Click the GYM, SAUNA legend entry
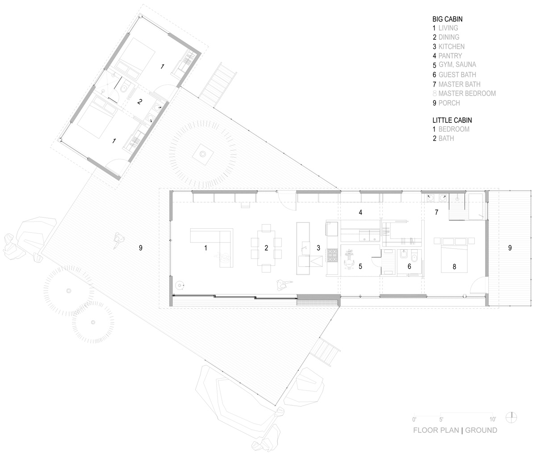click(455, 65)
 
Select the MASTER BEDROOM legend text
click(464, 93)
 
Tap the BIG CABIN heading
click(447, 19)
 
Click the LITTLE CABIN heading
click(452, 120)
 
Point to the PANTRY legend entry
click(447, 56)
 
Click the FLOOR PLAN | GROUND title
click(455, 437)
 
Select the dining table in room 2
click(266, 248)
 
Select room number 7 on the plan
click(437, 213)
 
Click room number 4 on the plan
click(360, 213)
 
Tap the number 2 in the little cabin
click(139, 102)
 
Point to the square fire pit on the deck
click(203, 155)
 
